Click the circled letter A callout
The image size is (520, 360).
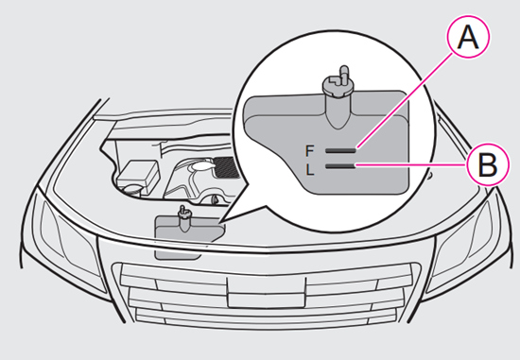[x=468, y=37]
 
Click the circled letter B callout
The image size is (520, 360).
[x=487, y=164]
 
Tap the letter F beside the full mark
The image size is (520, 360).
[x=309, y=151]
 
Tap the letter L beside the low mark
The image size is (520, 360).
[x=310, y=170]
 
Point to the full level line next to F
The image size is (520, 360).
[x=340, y=150]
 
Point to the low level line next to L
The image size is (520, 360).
[x=340, y=166]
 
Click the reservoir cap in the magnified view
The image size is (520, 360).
[x=338, y=83]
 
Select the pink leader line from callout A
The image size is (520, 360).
[x=406, y=100]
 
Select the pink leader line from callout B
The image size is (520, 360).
[x=411, y=164]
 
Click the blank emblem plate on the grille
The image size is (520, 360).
[x=267, y=292]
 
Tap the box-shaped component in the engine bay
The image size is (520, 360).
[x=139, y=174]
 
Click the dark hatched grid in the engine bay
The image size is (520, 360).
[x=227, y=168]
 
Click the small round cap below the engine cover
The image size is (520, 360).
[x=214, y=199]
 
